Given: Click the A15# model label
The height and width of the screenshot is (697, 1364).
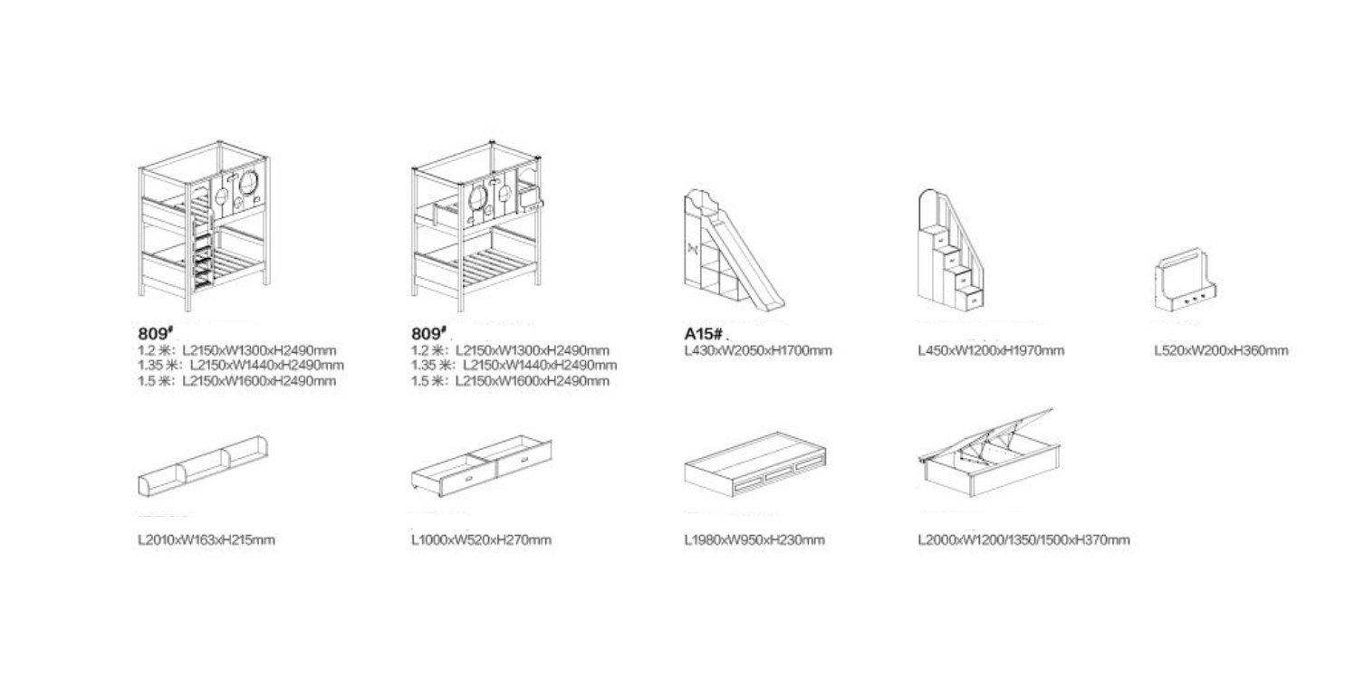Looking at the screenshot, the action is coord(704,334).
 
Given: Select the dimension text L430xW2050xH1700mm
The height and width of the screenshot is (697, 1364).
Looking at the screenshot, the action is coord(758,350).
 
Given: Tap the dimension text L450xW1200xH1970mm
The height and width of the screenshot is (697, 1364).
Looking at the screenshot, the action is coord(992,350).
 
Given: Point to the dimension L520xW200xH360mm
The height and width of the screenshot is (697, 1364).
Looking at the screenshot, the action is coord(1222,350).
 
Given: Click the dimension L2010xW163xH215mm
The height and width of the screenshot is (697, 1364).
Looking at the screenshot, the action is coord(207,539).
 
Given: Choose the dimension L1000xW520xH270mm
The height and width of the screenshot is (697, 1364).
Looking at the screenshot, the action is coord(482,539).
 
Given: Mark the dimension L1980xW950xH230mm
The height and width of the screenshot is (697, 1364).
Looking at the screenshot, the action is coord(754,539).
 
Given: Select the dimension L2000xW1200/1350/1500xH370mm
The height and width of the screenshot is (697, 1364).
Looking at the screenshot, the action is coord(1024,539).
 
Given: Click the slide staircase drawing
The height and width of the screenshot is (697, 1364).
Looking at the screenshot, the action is coord(734,250).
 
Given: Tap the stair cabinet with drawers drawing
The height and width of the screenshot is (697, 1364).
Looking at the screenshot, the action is coord(950,250).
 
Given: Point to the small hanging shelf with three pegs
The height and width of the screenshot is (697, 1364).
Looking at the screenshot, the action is coord(1185,280).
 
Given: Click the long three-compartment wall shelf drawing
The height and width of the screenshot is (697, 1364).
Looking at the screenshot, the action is coord(203,466).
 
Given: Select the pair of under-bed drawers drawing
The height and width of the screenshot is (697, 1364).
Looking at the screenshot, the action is coord(482,465).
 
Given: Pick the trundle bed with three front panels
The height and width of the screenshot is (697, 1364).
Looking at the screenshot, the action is coord(755,464).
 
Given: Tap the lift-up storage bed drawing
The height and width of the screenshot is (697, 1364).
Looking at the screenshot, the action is coord(990,454).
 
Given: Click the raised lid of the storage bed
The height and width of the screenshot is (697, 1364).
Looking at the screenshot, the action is coord(986,434).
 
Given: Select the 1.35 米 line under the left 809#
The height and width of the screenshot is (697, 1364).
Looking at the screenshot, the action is coord(241,366).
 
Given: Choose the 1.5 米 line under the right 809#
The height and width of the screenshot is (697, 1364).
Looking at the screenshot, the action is coord(510,381).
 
